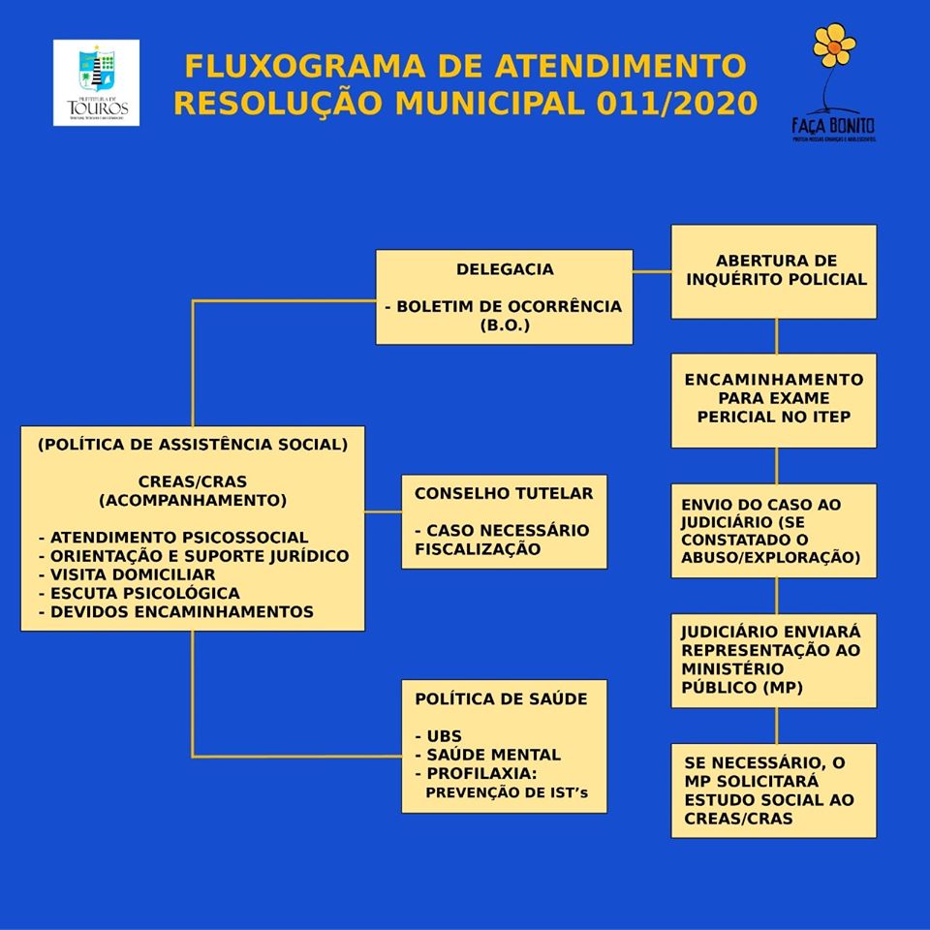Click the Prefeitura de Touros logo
click(x=96, y=82)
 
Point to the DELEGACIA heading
click(x=505, y=269)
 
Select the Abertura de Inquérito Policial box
click(x=775, y=270)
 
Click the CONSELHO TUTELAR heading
click(x=503, y=493)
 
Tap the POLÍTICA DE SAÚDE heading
click(x=500, y=698)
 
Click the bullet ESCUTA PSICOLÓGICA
click(x=139, y=593)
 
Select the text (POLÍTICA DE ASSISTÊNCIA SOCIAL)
click(x=192, y=445)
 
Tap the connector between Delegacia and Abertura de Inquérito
click(x=652, y=272)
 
